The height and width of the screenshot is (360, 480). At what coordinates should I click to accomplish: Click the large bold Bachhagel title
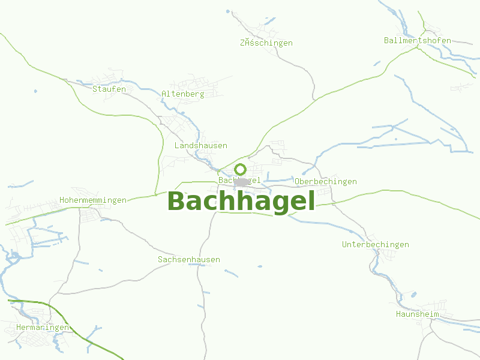(x=241, y=202)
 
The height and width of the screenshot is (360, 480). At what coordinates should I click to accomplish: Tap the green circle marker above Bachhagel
(x=241, y=169)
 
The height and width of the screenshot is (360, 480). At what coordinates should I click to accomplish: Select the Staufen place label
(x=109, y=89)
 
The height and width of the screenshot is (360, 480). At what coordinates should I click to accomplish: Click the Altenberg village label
(x=183, y=94)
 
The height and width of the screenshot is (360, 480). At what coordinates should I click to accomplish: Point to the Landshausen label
(x=201, y=146)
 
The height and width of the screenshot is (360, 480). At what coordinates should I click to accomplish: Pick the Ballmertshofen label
(x=418, y=41)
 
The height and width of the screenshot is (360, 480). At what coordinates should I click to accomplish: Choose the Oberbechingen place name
(x=326, y=182)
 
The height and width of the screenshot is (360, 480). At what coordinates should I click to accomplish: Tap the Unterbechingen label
(x=376, y=245)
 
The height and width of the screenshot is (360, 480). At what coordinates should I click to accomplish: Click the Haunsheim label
(x=418, y=314)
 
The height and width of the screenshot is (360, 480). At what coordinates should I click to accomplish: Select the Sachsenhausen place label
(x=189, y=260)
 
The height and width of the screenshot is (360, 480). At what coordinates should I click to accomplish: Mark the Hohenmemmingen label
(x=93, y=200)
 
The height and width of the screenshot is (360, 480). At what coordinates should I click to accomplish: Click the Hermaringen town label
(x=43, y=328)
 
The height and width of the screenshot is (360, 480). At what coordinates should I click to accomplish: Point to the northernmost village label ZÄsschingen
(x=266, y=43)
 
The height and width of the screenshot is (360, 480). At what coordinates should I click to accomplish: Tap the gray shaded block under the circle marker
(x=242, y=181)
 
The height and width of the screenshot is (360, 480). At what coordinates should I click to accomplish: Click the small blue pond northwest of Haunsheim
(x=413, y=295)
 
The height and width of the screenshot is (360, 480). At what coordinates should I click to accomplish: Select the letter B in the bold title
(x=177, y=202)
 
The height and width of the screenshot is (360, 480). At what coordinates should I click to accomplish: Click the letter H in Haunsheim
(x=398, y=314)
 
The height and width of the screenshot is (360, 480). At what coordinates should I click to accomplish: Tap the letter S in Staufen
(x=95, y=89)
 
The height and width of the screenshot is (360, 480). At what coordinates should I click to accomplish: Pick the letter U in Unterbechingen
(x=344, y=245)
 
